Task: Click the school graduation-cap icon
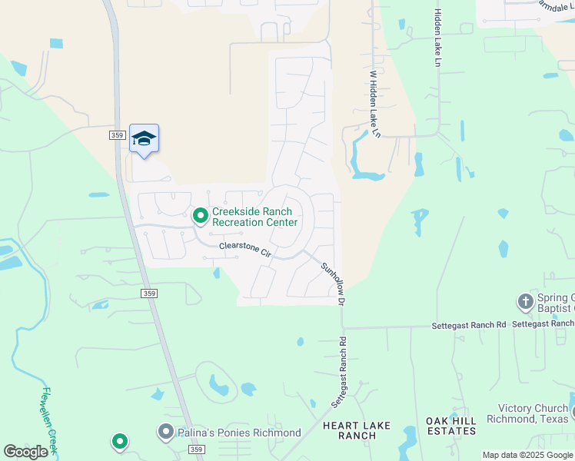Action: tap(144, 139)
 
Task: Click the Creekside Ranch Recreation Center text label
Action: tap(254, 217)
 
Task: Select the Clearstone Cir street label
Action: tap(245, 249)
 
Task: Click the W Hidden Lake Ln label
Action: tap(375, 104)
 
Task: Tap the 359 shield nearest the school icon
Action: tap(117, 134)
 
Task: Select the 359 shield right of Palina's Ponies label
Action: tap(198, 449)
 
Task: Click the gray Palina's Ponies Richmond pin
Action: tap(165, 432)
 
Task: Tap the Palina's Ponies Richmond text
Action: tap(239, 433)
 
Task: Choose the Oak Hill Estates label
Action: tap(451, 426)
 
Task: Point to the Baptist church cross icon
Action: tap(526, 301)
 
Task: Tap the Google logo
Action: tap(25, 452)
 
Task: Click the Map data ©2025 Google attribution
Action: tap(527, 455)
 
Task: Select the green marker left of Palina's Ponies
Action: tap(119, 441)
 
